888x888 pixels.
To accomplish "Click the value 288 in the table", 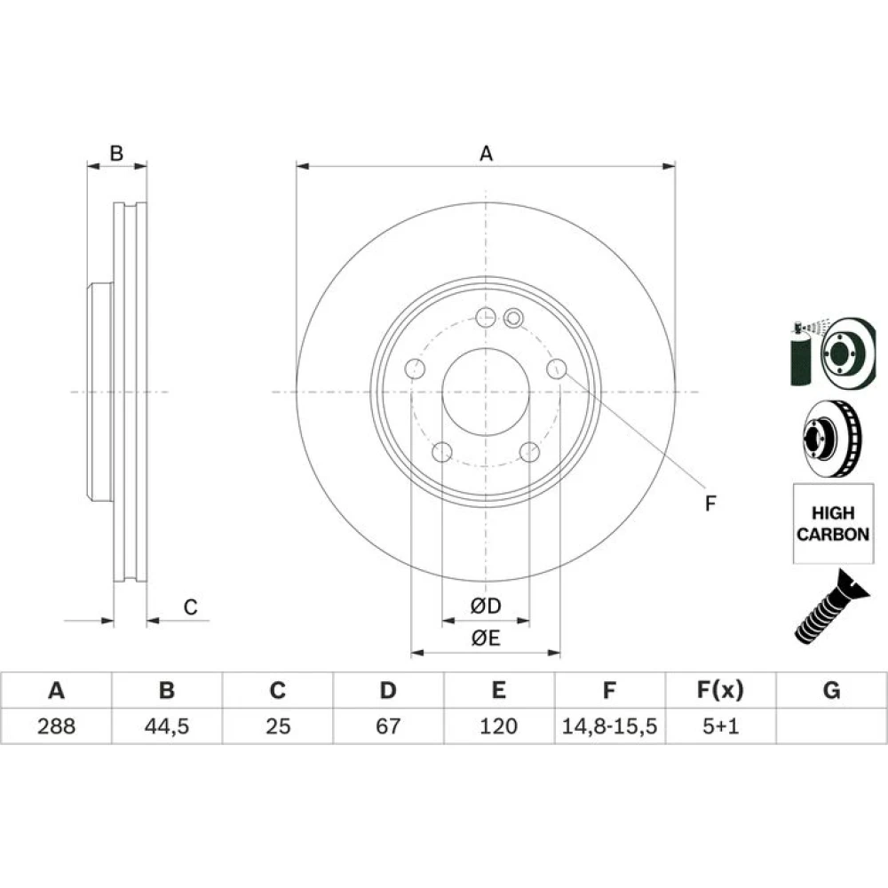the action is [56, 726].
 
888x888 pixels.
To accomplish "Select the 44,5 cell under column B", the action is [167, 726].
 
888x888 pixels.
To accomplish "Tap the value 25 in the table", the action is [277, 726].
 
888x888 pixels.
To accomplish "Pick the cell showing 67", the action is [388, 726].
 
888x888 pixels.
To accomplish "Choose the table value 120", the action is [498, 726].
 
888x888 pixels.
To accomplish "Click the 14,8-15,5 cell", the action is [609, 726].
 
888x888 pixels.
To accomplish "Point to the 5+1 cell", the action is [720, 726].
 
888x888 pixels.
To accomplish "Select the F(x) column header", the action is [720, 690].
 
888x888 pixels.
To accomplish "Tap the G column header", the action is [831, 690].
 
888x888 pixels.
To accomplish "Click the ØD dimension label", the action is [486, 606].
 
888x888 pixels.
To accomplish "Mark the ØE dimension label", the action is [486, 638].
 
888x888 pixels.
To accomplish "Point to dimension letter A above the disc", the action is [486, 154].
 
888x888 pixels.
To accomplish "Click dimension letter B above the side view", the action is [116, 153].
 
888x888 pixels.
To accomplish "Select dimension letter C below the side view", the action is [190, 607].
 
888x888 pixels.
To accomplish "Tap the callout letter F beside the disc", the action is [710, 503].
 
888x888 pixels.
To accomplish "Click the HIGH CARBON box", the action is [833, 523].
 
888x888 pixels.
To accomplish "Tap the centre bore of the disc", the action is [486, 392].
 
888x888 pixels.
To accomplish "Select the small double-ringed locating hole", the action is [513, 318].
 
